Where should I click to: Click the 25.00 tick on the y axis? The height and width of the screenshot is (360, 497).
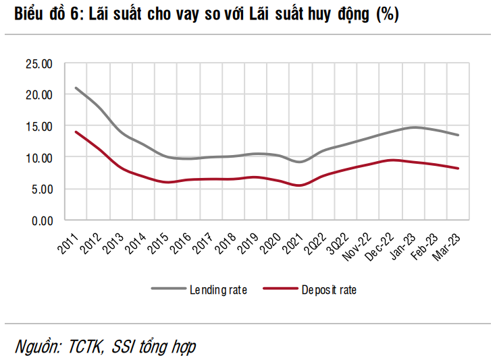pyautogui.click(x=38, y=64)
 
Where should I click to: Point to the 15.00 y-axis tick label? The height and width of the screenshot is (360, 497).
pyautogui.click(x=38, y=126)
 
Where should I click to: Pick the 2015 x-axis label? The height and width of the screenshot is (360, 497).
pyautogui.click(x=160, y=240)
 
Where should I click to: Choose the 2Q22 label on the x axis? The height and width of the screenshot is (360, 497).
pyautogui.click(x=320, y=240)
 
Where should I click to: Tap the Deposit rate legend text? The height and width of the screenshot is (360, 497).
pyautogui.click(x=329, y=290)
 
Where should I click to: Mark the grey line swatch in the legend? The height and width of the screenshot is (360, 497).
pyautogui.click(x=168, y=289)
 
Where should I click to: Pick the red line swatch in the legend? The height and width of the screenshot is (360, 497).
pyautogui.click(x=278, y=289)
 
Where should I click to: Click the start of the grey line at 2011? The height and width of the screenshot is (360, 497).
pyautogui.click(x=76, y=88)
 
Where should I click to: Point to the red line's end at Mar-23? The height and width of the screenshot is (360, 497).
pyautogui.click(x=459, y=169)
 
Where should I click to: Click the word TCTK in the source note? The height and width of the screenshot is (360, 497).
pyautogui.click(x=85, y=347)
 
